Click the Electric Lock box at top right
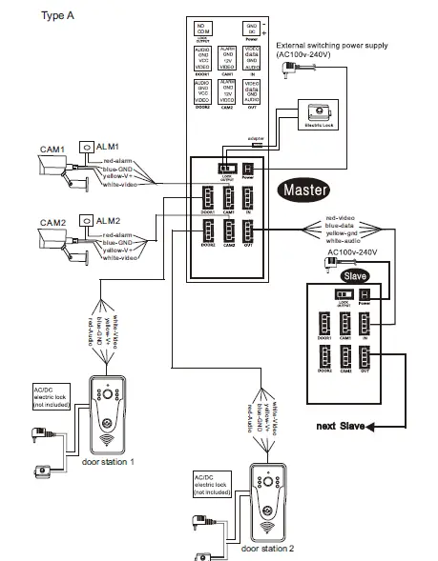(x=316, y=113)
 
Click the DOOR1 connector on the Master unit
(x=204, y=197)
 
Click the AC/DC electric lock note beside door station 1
(x=47, y=397)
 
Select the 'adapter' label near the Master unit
(x=256, y=139)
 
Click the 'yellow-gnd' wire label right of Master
(x=344, y=232)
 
